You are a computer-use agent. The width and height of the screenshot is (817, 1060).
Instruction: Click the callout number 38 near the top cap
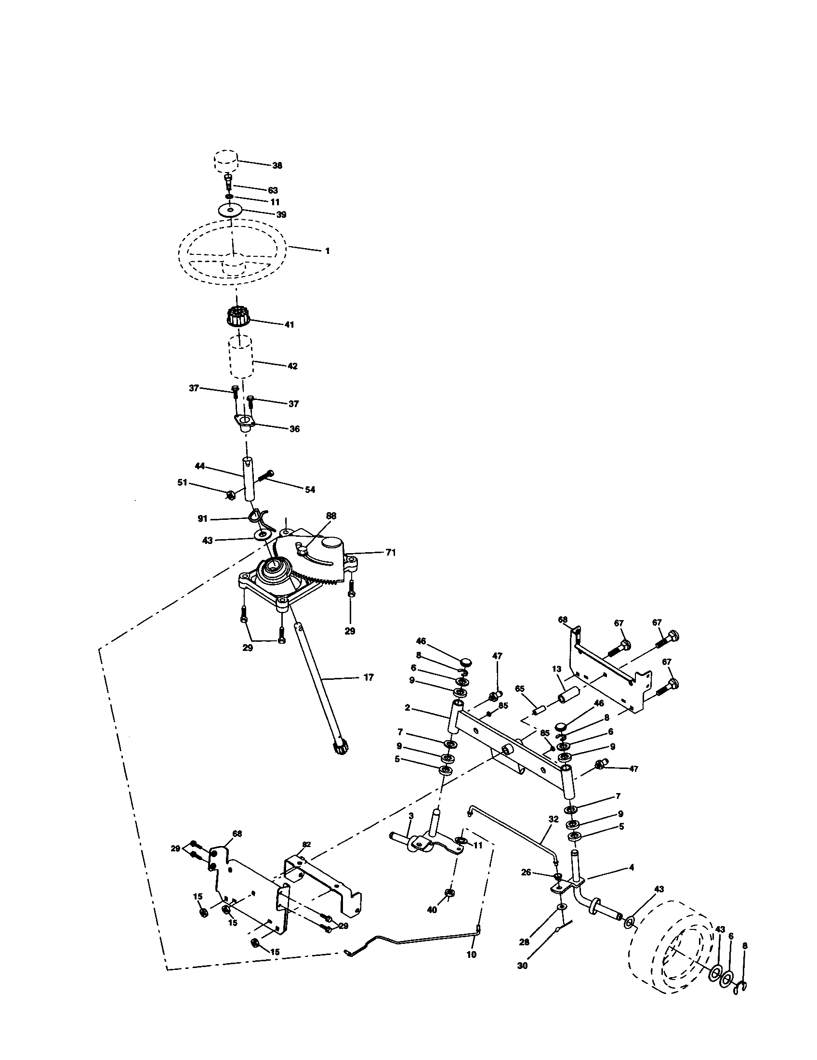(277, 165)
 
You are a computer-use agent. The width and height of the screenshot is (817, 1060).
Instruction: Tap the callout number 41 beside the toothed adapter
(289, 325)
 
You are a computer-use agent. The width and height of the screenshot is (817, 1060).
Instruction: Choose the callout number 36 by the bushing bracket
(294, 429)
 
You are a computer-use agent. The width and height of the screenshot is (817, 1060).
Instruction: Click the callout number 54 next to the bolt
(310, 490)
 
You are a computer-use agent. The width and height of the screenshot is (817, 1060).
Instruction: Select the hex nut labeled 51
(231, 494)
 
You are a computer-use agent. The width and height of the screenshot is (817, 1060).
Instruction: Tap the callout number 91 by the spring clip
(203, 519)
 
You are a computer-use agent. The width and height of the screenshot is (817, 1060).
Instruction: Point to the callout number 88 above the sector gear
(331, 516)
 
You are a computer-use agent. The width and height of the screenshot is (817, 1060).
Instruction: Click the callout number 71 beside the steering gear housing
(391, 552)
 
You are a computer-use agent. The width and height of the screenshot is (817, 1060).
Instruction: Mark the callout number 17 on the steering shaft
(369, 677)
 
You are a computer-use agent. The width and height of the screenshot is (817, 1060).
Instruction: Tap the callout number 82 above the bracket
(306, 845)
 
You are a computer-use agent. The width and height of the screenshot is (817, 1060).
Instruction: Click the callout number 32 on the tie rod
(553, 818)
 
